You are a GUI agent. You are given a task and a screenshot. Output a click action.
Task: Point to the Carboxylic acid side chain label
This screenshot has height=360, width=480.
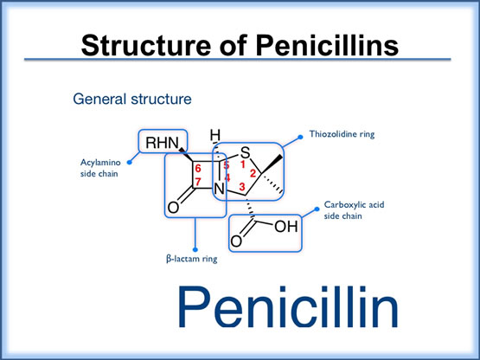coord(354,211)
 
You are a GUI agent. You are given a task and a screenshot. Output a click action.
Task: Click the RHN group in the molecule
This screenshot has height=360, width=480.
coord(163,144)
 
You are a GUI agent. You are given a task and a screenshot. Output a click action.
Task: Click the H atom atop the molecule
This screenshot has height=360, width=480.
coord(216,135)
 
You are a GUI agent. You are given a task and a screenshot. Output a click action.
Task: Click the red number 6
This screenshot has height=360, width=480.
coord(198,168)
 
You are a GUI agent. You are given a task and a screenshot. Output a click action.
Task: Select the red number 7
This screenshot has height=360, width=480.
coord(198,181)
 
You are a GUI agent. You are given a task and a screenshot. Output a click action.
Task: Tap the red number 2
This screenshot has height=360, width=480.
coord(253,172)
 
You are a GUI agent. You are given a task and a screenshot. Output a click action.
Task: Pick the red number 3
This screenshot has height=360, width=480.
coord(242,187)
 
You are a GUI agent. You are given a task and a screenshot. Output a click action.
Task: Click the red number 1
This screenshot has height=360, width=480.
coord(243,164)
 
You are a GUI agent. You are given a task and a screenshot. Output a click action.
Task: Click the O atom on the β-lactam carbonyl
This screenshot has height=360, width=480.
coord(174,208)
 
